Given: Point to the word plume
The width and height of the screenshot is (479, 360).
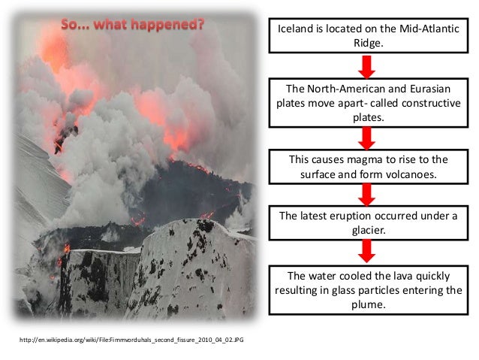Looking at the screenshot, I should coord(367,305).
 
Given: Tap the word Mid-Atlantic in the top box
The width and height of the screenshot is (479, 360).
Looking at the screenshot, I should coord(426,29).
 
